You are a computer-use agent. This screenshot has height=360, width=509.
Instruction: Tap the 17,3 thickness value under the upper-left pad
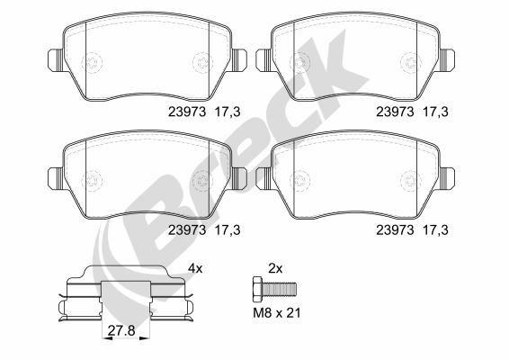point(227,114)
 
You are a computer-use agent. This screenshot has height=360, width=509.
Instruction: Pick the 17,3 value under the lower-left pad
point(227,229)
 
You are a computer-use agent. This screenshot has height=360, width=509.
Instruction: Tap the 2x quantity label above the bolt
point(276,268)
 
